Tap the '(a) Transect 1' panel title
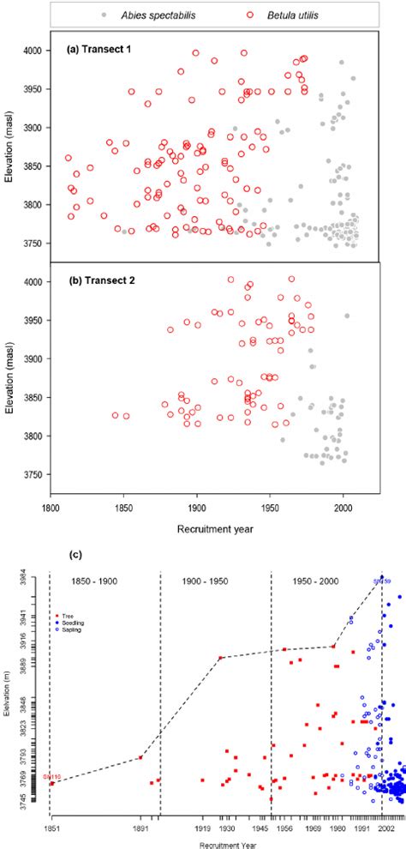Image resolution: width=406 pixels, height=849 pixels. click(99, 49)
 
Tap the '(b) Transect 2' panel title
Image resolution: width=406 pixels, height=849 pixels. click(100, 280)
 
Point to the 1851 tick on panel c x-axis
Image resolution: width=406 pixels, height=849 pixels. click(51, 829)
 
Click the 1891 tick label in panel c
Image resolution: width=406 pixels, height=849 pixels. click(142, 829)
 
